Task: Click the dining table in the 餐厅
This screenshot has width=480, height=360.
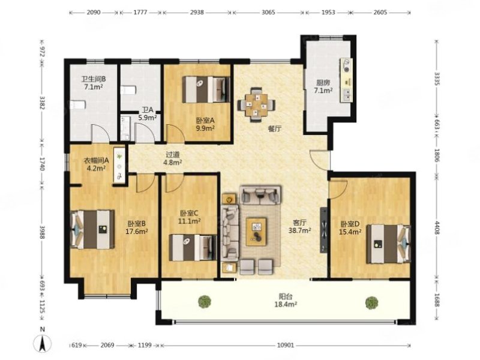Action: (x=257, y=105)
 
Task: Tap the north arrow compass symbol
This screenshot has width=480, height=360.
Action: (x=42, y=341)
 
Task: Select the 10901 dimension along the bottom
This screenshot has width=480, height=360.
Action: (x=286, y=346)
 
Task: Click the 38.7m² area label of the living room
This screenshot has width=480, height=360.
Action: (x=299, y=230)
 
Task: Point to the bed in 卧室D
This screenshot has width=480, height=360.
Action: (x=388, y=244)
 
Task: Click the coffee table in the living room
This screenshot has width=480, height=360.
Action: (x=256, y=232)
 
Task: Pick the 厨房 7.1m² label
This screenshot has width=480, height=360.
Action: (x=323, y=86)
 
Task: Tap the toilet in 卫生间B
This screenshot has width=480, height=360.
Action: (x=77, y=105)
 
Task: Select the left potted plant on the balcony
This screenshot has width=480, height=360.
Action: (x=205, y=301)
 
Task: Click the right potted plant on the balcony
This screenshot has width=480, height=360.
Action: (x=371, y=302)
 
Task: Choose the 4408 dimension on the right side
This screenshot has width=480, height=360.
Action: (x=437, y=228)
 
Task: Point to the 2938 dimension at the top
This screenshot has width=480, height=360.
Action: (x=197, y=13)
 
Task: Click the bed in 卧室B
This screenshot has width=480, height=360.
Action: (x=93, y=229)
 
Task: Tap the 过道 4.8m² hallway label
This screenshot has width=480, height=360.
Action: (x=173, y=159)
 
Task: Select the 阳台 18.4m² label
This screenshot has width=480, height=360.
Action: (x=286, y=301)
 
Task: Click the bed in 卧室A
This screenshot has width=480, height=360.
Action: (x=206, y=89)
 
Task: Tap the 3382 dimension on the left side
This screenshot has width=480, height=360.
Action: (x=42, y=103)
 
